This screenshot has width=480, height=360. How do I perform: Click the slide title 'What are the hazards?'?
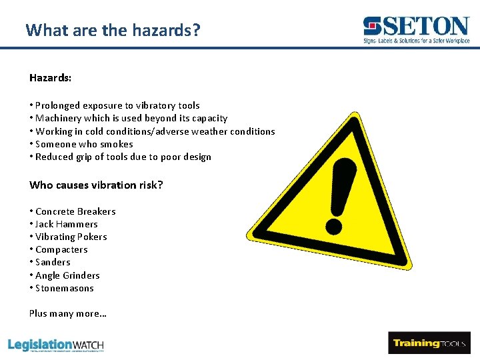(x=112, y=30)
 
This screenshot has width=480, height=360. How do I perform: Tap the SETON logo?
(x=417, y=30)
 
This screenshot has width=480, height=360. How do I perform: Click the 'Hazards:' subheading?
(x=51, y=78)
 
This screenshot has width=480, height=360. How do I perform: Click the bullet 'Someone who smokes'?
(x=83, y=144)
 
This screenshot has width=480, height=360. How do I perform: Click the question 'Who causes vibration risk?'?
(x=96, y=185)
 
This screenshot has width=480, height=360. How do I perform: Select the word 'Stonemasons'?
(x=64, y=288)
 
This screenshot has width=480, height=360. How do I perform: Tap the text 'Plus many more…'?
(x=68, y=313)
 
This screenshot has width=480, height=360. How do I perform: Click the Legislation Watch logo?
(x=56, y=345)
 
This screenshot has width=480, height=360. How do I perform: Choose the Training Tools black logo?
(x=429, y=343)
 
